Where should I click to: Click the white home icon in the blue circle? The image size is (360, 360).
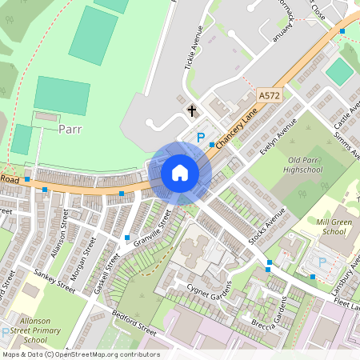pos(180,173)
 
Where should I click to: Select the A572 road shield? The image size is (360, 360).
pos(270,95)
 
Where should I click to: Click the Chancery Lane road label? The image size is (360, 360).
pos(233,128)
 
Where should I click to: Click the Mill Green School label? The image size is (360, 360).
pos(320,226)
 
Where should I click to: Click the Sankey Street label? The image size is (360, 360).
pos(54,282)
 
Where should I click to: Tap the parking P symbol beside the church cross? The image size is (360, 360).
pos(200,138)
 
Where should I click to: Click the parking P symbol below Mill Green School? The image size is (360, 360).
pos(322,262)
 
